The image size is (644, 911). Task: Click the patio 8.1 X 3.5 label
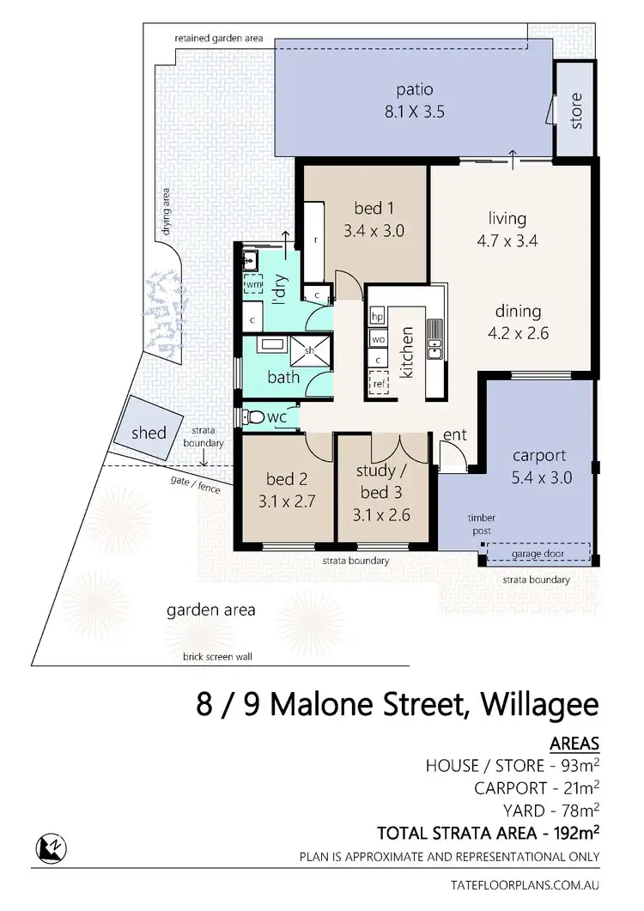click(414, 100)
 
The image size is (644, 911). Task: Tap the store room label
click(575, 110)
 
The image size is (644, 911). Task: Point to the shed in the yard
click(149, 432)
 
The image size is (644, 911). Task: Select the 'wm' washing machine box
click(253, 284)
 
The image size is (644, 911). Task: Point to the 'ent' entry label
click(454, 435)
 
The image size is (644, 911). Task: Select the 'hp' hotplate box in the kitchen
click(376, 316)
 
